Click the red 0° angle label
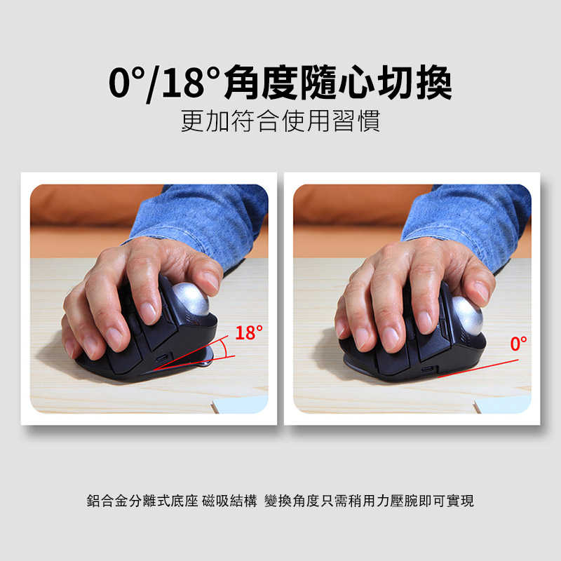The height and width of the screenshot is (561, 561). [518, 344]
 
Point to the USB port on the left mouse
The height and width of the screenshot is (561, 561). [163, 359]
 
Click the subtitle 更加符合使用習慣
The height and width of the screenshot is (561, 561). [280, 121]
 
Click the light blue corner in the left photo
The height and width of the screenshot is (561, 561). [242, 405]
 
